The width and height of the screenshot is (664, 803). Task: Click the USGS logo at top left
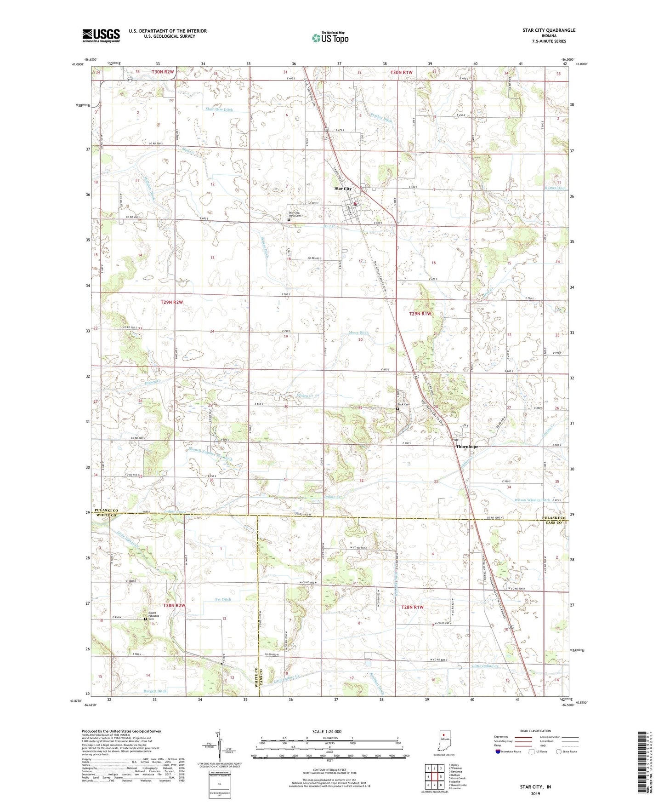point(101,35)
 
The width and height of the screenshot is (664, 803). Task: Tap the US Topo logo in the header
point(329,38)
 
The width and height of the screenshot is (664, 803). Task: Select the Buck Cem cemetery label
point(403,405)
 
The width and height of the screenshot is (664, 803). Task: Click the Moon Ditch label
point(359,333)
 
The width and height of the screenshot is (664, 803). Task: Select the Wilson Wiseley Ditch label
point(532,500)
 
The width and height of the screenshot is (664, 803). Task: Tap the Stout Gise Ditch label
point(219,110)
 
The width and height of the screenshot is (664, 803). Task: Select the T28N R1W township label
point(412,607)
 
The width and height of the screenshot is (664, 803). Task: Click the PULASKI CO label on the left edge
point(107,511)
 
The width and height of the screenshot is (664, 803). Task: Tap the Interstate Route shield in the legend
point(498,751)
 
